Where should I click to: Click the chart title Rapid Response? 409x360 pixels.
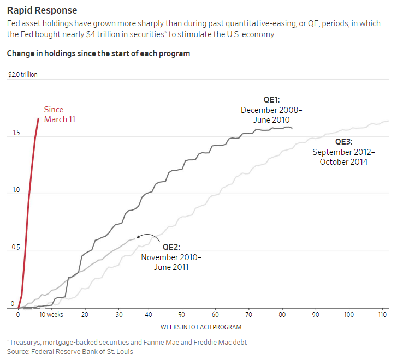pos(42,10)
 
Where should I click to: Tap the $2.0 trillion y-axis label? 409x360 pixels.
pos(23,75)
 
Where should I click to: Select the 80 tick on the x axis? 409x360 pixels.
pos(283,315)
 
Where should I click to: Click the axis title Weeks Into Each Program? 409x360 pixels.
pos(200,327)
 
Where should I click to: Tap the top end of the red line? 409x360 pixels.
pos(38,118)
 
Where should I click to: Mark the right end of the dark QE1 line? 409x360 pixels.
pos(292,128)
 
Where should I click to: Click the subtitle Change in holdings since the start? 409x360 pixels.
pos(98,53)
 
